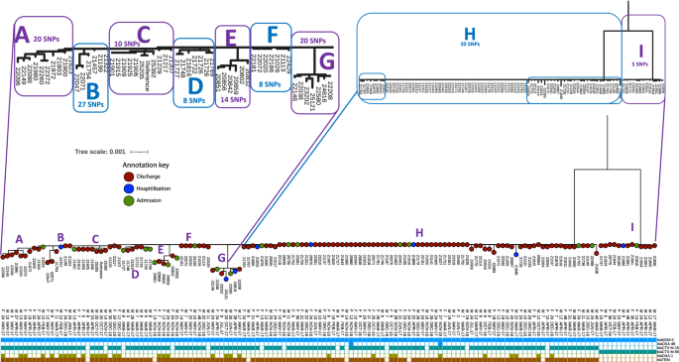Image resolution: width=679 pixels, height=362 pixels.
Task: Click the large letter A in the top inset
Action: (x=21, y=36)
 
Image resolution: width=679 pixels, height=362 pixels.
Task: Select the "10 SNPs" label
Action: (x=127, y=45)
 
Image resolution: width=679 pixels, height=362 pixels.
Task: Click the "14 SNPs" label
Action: (x=231, y=100)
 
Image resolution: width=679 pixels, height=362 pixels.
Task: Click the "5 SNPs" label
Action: (x=640, y=63)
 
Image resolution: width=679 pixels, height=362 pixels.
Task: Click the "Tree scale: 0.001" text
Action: (x=101, y=151)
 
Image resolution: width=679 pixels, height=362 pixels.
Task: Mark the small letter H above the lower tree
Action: (x=418, y=232)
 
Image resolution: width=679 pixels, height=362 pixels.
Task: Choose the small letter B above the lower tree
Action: (x=61, y=237)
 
